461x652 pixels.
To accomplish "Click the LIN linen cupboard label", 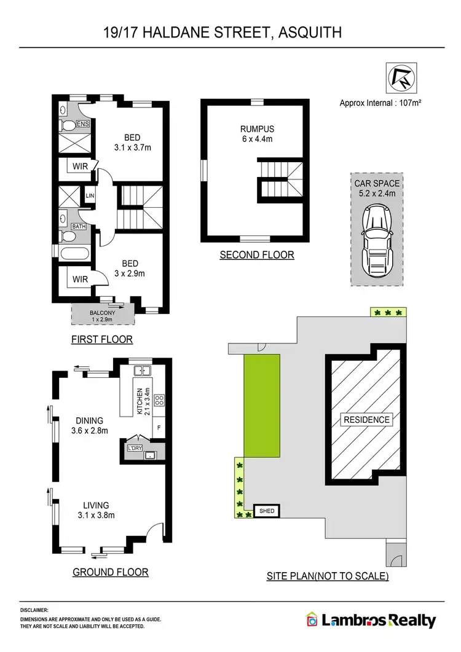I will tap(90, 195).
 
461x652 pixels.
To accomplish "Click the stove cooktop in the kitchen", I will tap(160, 400).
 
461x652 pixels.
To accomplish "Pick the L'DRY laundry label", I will tap(134, 448).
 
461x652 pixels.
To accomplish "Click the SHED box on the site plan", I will tap(267, 511).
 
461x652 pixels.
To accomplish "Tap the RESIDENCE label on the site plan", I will tap(366, 420).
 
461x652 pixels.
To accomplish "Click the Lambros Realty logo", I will tap(371, 621).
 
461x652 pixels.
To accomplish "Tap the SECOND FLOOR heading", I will tap(257, 254).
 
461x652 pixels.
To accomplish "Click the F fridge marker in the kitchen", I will tap(159, 426).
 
